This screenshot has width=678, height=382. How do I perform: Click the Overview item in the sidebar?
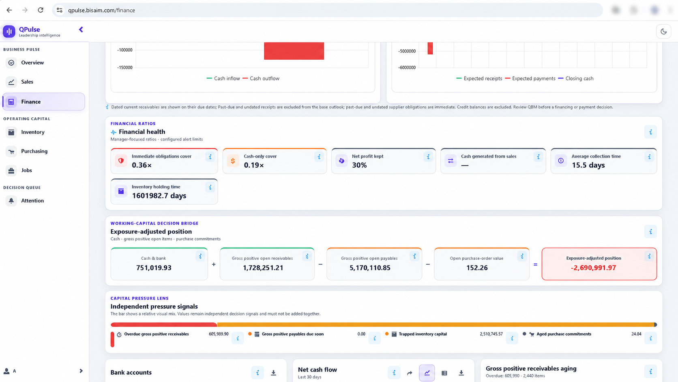point(32,63)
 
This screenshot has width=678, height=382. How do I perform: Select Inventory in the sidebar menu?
point(33,132)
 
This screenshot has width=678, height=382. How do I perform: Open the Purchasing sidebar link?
point(34,151)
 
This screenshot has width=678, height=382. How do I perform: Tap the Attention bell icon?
point(11,201)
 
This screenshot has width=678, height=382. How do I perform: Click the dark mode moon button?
point(663,32)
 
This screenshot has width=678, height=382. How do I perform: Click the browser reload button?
point(41,10)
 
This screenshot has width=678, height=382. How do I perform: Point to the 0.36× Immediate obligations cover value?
point(142,165)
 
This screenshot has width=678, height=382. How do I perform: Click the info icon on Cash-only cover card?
point(319,157)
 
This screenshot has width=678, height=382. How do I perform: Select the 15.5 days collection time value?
point(588,165)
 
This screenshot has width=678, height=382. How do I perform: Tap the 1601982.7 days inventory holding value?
point(159,196)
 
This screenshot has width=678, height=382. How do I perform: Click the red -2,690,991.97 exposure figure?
point(593,268)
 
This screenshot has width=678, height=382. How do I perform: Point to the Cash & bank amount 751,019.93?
point(154,268)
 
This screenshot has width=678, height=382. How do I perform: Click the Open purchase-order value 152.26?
point(477,268)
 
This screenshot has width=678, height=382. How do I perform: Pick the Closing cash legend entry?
point(576,78)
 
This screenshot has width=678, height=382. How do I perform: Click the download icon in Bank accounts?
point(273,373)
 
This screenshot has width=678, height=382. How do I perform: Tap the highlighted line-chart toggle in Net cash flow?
point(427,373)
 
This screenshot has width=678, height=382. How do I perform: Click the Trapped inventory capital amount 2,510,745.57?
point(491,334)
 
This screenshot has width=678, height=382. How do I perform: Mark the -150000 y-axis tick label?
point(125,67)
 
